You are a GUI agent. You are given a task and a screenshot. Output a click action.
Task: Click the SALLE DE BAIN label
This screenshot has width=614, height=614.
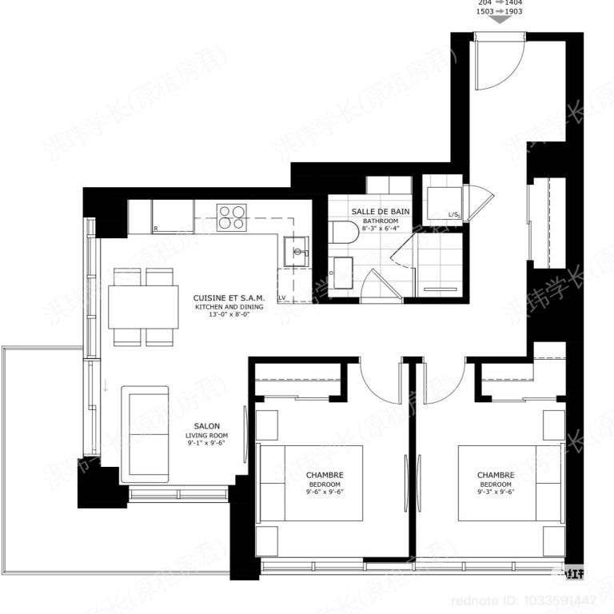380,211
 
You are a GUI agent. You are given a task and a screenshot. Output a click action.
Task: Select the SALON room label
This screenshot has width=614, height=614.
207,426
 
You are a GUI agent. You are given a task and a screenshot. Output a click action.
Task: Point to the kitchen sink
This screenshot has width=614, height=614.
297,250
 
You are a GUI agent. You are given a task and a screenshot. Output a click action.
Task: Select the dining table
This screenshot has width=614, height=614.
143,307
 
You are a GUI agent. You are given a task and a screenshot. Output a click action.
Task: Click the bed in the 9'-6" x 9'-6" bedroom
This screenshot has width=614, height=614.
313,484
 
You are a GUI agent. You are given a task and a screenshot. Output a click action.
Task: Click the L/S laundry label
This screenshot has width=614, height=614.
453,214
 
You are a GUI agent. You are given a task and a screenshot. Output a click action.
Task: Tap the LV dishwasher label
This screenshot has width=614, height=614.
282,297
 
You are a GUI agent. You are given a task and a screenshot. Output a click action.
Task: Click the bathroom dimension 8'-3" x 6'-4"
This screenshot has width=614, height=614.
380,229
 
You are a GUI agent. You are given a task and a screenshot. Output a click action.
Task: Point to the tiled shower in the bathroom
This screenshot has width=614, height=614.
440,264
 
